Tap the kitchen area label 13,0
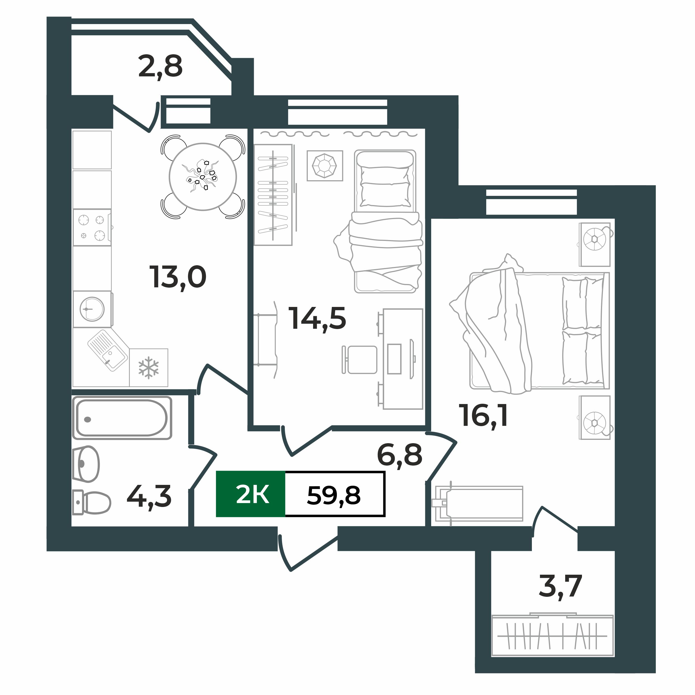[178, 277]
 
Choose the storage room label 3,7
[560, 586]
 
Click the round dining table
[203, 177]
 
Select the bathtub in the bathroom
[122, 418]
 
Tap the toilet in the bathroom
[92, 502]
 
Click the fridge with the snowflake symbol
[149, 367]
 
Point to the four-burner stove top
[92, 227]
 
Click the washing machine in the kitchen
[92, 309]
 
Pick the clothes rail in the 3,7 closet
[552, 636]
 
